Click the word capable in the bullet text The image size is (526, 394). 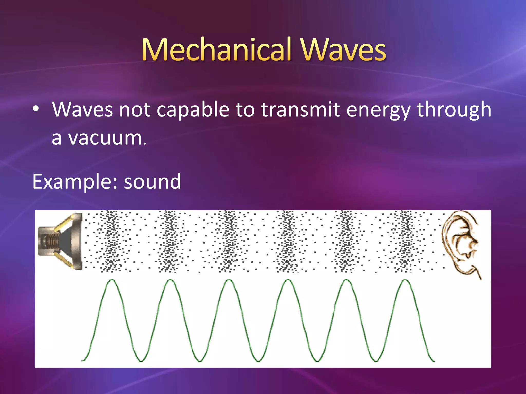193,110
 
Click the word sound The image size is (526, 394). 153,182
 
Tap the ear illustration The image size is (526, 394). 461,244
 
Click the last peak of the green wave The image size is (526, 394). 405,280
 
